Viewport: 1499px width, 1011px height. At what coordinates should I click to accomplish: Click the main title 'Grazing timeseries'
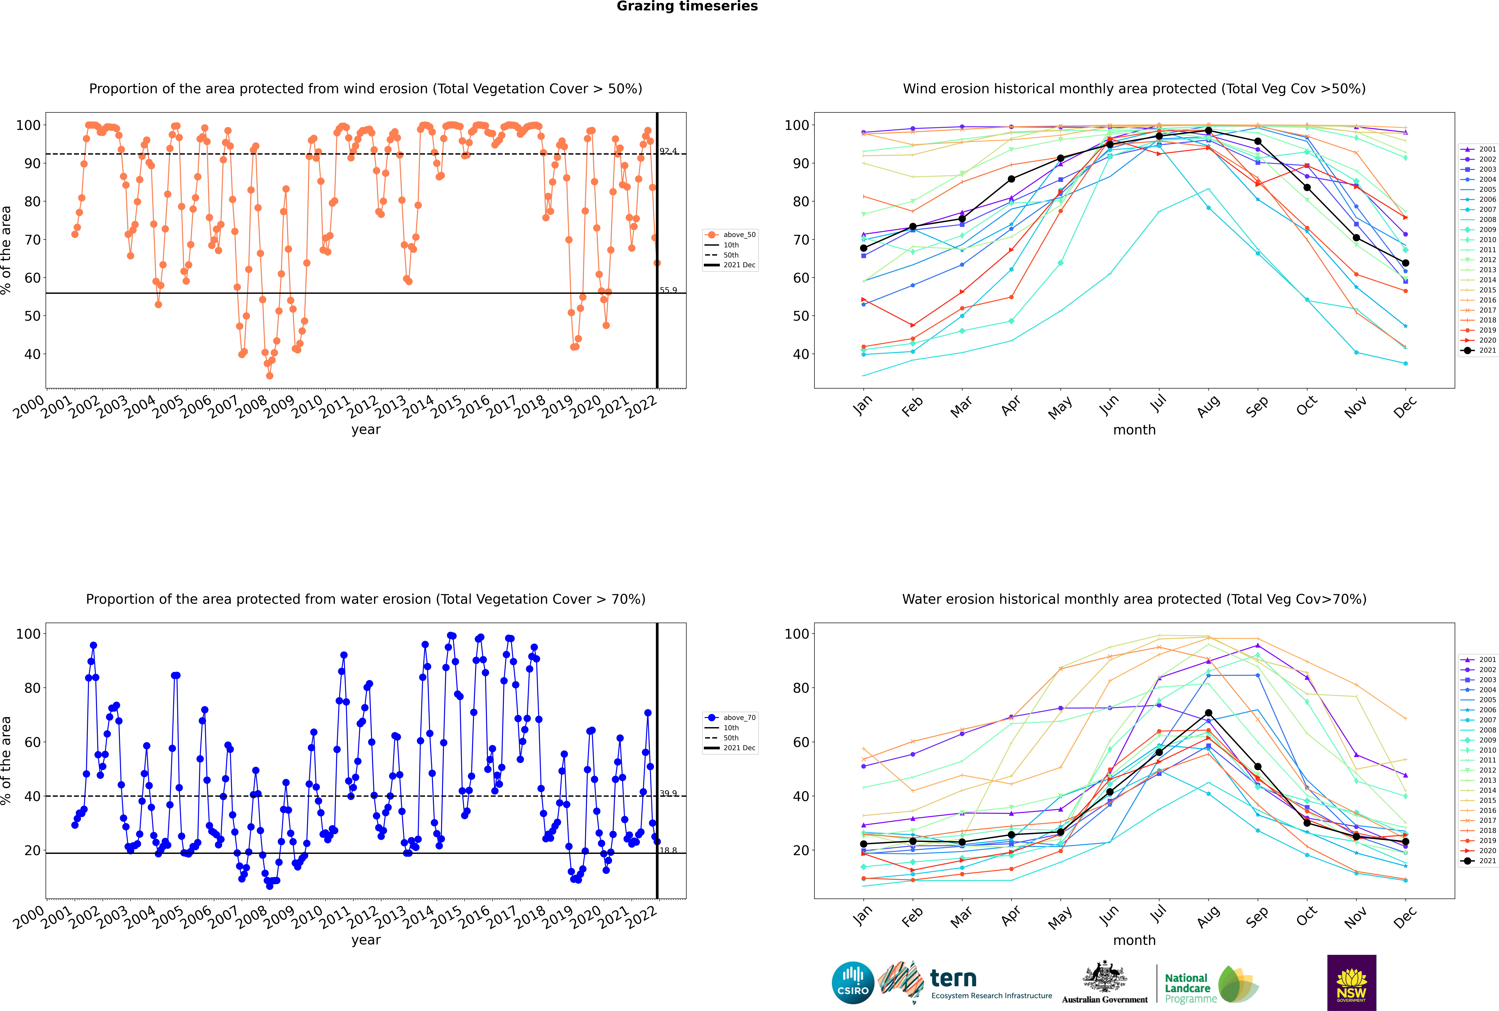[x=687, y=6]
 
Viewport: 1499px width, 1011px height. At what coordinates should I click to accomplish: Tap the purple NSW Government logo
[x=1351, y=983]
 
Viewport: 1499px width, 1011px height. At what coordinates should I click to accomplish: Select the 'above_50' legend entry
[x=730, y=235]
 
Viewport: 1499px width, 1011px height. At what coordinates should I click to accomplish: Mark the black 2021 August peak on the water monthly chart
[x=1208, y=713]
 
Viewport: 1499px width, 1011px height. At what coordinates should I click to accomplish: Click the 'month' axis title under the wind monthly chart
[x=1134, y=430]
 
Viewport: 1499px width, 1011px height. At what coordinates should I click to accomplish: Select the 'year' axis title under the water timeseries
[x=366, y=940]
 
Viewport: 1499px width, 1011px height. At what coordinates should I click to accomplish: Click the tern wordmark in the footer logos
[x=953, y=979]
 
